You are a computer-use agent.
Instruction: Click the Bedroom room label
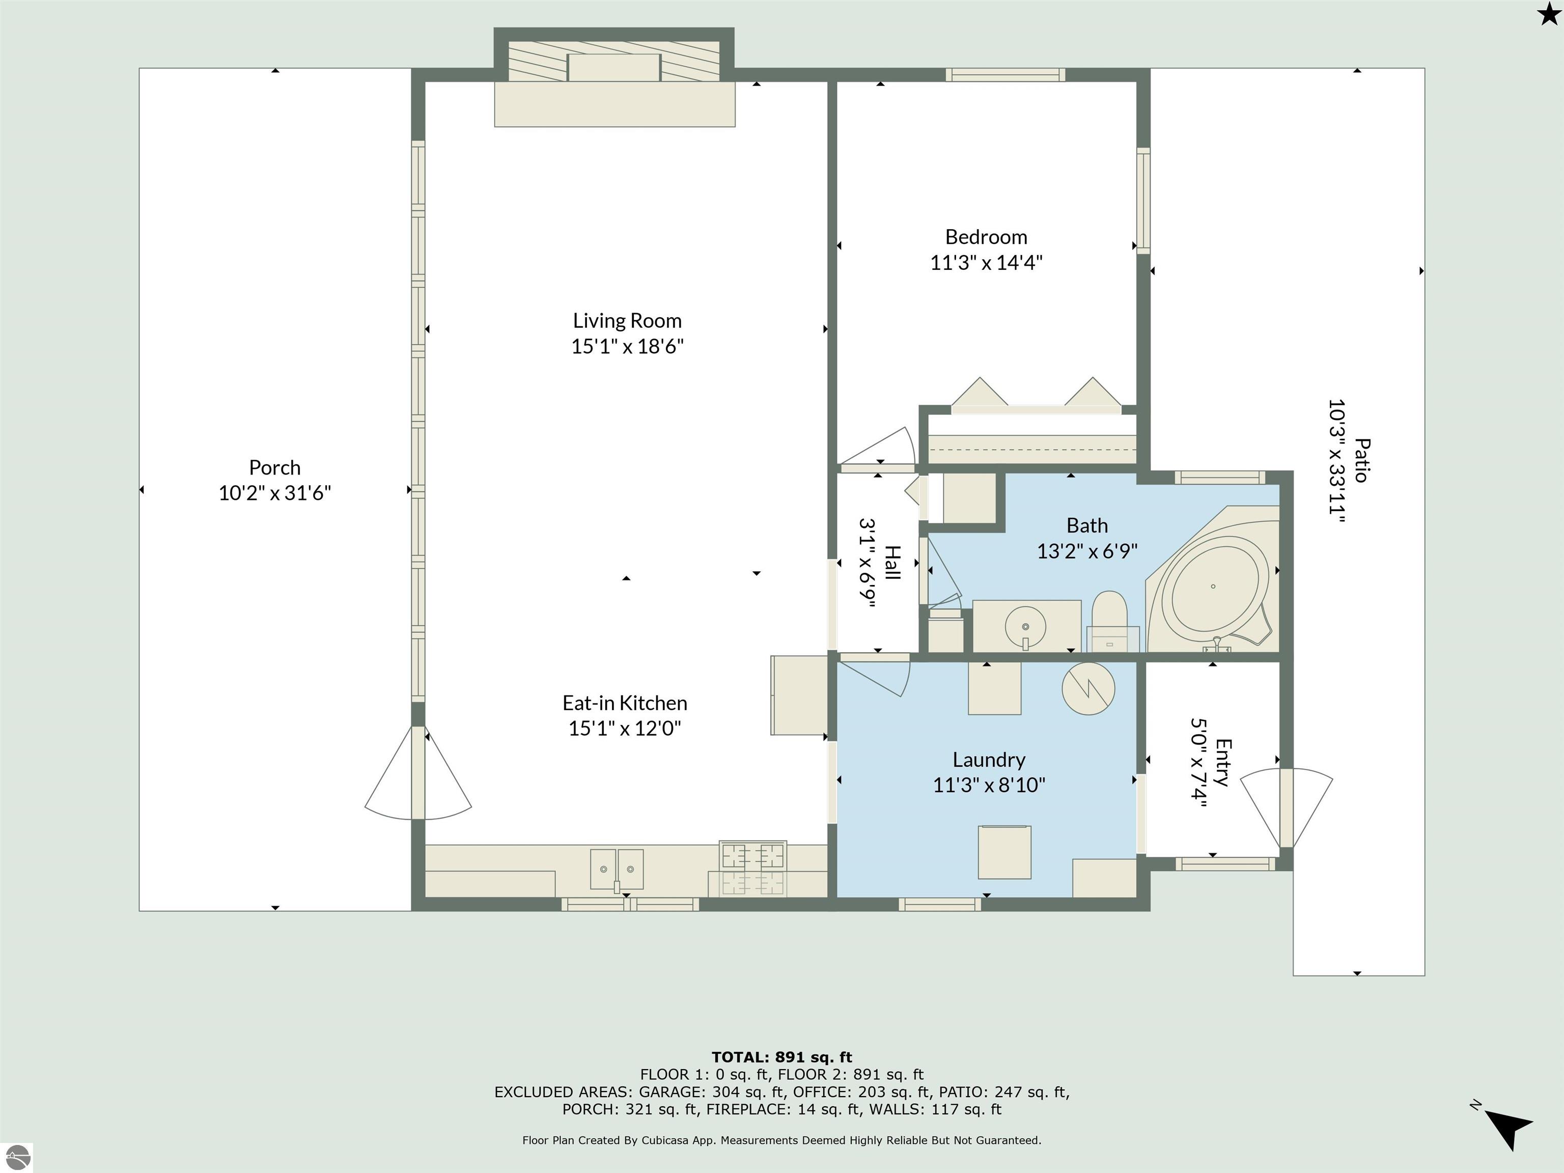986,237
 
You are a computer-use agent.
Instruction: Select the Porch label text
274,467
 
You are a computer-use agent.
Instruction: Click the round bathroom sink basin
1025,626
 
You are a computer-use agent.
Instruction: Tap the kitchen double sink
617,869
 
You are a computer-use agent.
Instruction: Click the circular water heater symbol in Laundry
1088,688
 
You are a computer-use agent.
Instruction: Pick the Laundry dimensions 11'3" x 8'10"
989,785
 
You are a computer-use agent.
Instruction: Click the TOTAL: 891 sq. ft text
781,1057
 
